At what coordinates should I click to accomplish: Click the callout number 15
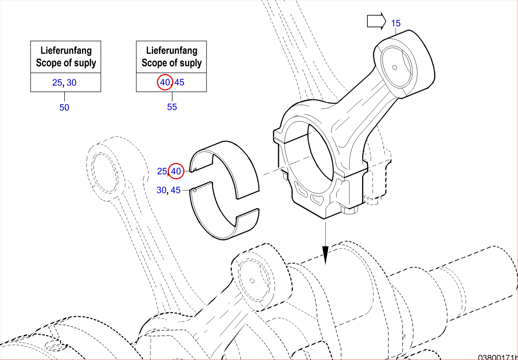tap(396, 23)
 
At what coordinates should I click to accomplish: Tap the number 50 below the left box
tap(64, 108)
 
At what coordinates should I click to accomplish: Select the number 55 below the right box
tap(172, 107)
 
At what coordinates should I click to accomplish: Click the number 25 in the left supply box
tap(57, 83)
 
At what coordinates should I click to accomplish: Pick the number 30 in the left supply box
tap(72, 83)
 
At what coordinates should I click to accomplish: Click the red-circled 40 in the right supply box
tap(165, 82)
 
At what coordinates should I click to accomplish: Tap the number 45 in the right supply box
tap(179, 82)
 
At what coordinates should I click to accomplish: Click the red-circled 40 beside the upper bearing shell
tap(176, 171)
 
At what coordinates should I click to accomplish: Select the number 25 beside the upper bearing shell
tap(162, 171)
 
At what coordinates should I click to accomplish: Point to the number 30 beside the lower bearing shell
tap(161, 190)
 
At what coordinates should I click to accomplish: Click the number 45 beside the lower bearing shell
tap(176, 190)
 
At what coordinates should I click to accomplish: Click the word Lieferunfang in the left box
tap(66, 50)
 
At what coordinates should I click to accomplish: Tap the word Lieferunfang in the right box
tap(172, 50)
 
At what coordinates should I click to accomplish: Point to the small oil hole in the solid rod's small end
tap(395, 68)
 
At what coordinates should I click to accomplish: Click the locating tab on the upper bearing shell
tap(195, 169)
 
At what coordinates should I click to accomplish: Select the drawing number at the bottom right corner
tap(497, 357)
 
